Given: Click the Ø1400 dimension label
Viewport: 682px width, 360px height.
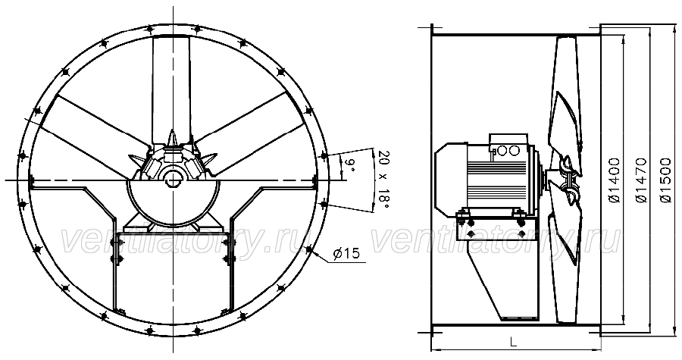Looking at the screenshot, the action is [x=615, y=180].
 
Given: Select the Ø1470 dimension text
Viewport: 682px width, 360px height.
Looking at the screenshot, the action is [x=641, y=180].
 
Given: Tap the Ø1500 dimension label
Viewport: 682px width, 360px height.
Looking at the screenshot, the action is [x=665, y=180].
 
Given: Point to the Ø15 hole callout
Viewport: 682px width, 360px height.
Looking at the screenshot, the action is [x=346, y=253].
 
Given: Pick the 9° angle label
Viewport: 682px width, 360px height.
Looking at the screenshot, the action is [x=349, y=166].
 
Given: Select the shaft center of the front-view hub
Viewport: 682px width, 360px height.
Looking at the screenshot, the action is [x=173, y=179].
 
